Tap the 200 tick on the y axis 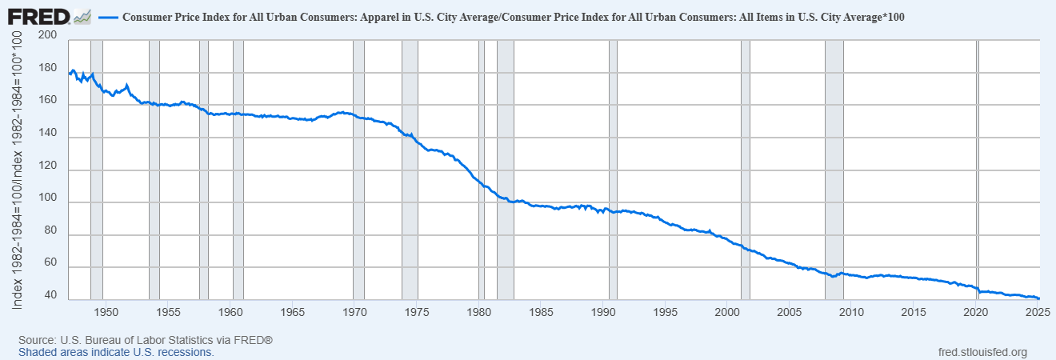tap(47, 36)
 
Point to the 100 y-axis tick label tap(47, 198)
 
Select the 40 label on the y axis tap(50, 295)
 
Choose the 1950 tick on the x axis tap(107, 311)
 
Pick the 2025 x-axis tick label tap(1037, 311)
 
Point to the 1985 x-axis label tap(541, 311)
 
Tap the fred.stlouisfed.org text tap(981, 352)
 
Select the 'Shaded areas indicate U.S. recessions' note tap(116, 352)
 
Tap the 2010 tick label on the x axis tap(850, 311)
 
